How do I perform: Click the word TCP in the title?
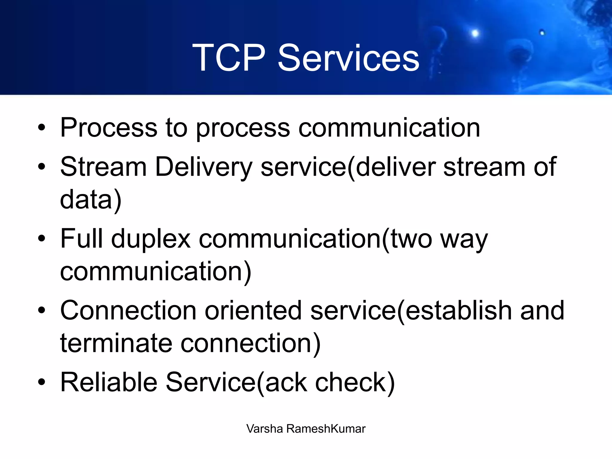[229, 58]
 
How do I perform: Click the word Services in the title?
[348, 58]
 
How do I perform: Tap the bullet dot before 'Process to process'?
[42, 128]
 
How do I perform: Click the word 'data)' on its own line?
[91, 200]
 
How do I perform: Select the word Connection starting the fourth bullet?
[128, 310]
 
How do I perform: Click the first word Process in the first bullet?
[108, 128]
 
